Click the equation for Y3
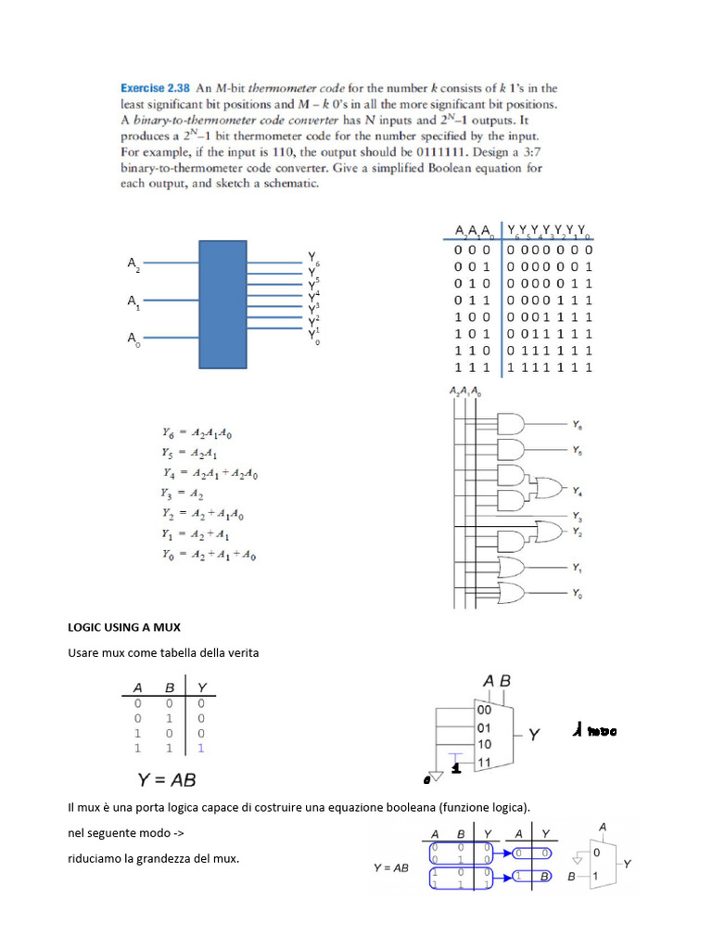click(x=184, y=494)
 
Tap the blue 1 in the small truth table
click(x=201, y=747)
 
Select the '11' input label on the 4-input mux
click(x=484, y=763)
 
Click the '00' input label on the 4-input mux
click(x=484, y=710)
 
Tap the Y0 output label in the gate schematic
click(x=577, y=593)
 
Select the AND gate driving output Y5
click(x=511, y=450)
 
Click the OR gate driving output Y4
click(x=545, y=490)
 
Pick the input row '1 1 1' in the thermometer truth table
click(x=472, y=367)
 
